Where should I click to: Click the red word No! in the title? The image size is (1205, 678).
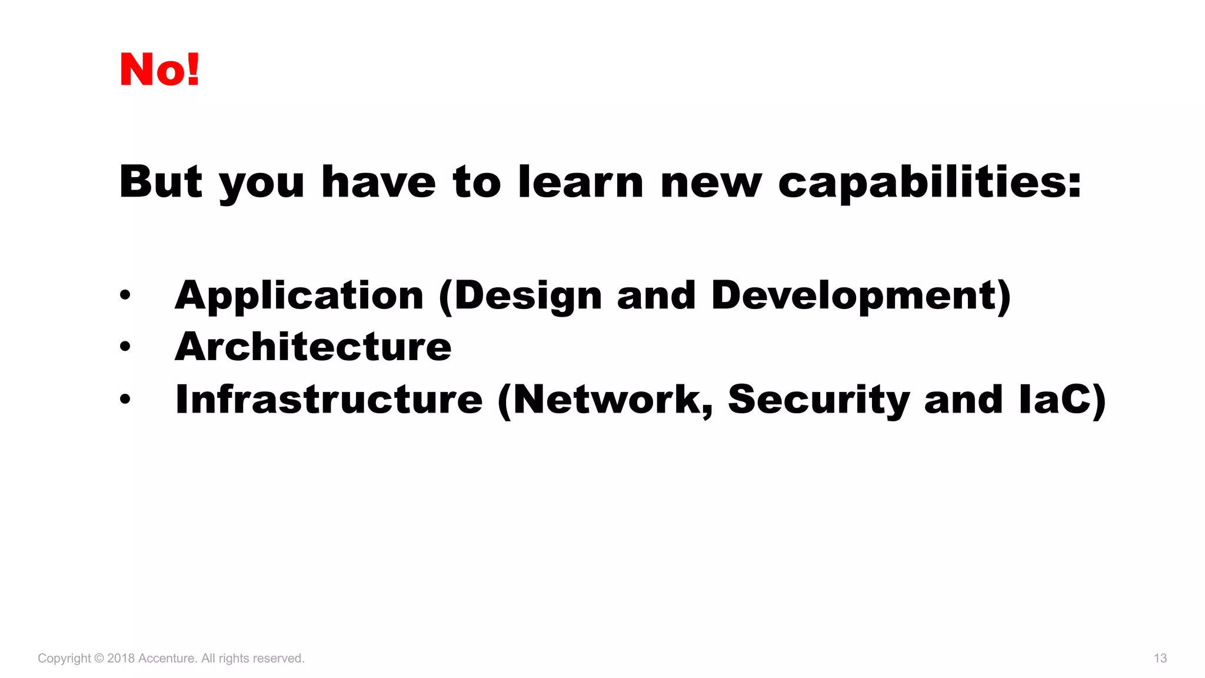click(159, 69)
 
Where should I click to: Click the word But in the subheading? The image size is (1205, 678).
click(161, 181)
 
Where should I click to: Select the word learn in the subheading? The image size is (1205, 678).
click(581, 181)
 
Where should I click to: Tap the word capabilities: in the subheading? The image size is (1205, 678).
click(930, 182)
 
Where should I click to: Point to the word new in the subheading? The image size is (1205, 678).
click(711, 182)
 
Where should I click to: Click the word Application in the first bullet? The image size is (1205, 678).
click(299, 295)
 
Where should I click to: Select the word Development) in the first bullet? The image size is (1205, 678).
click(861, 295)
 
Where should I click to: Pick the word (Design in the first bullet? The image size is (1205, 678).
click(521, 295)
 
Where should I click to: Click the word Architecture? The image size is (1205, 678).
click(313, 347)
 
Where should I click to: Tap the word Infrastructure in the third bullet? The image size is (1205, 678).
click(329, 399)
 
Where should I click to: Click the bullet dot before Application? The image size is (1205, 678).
click(125, 295)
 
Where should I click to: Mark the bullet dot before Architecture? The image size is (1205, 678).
click(125, 347)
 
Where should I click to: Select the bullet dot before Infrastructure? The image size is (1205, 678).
click(125, 399)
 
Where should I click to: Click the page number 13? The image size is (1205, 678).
click(1160, 658)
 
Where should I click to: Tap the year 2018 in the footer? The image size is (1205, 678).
click(121, 658)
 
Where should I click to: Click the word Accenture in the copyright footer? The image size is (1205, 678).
click(166, 658)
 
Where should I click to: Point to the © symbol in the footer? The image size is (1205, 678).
click(99, 658)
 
